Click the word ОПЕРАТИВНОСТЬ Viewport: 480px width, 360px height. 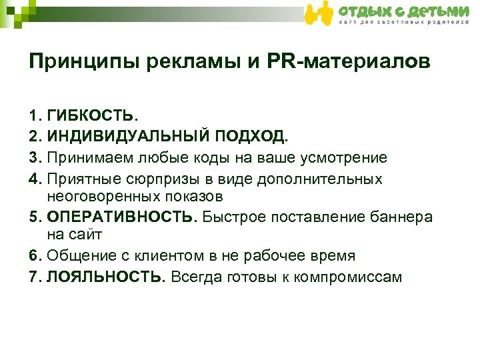click(122, 217)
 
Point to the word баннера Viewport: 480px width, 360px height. click(399, 217)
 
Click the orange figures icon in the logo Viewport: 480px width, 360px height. click(319, 13)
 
